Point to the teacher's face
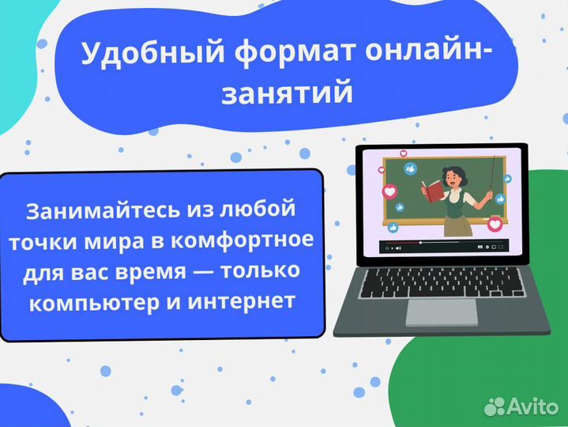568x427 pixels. pyautogui.click(x=447, y=175)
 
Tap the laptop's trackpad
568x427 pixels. pyautogui.click(x=441, y=312)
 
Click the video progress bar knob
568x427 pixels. pyautogui.click(x=420, y=242)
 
